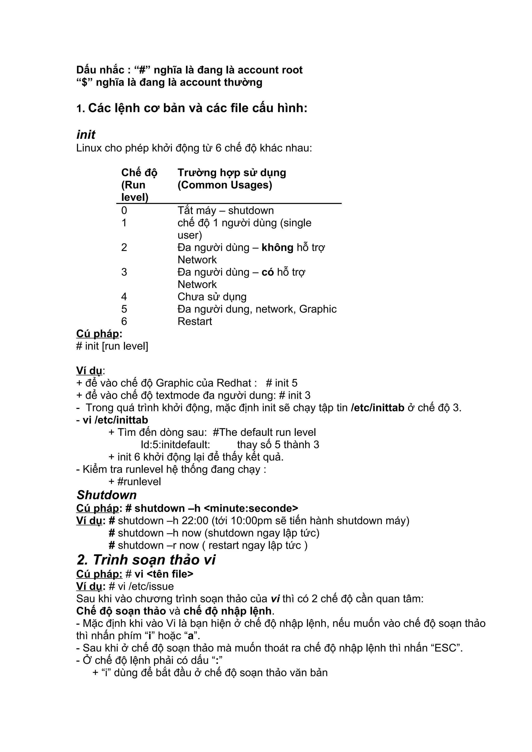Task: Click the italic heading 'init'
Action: click(x=86, y=135)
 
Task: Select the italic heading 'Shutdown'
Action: click(x=107, y=495)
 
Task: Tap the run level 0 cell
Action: click(x=124, y=210)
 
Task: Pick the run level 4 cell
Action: click(x=124, y=297)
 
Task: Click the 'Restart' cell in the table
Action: click(x=195, y=321)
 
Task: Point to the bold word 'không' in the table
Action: click(x=277, y=248)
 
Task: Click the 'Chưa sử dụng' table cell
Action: click(x=212, y=297)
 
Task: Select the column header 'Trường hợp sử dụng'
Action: click(x=232, y=173)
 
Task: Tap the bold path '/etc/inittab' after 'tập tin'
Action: click(x=377, y=408)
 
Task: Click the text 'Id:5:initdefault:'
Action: click(x=175, y=445)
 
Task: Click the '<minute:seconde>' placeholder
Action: click(x=251, y=508)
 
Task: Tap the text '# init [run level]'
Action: click(x=112, y=346)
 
